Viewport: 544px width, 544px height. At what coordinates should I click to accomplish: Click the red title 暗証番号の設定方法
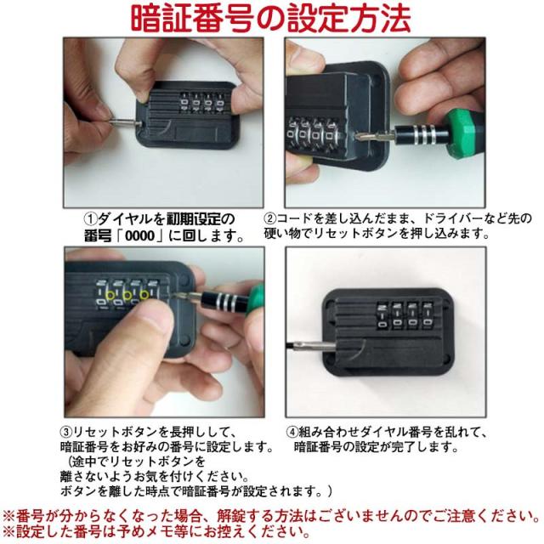[271, 18]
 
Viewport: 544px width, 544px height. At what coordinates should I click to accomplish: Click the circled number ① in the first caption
[91, 218]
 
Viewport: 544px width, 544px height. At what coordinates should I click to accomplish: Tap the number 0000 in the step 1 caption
[139, 236]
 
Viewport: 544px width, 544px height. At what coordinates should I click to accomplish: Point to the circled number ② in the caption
[270, 218]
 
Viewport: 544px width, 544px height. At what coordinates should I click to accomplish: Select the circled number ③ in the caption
[66, 433]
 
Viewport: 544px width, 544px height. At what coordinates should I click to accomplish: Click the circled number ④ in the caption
[292, 433]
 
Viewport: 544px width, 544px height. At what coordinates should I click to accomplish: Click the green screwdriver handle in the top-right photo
[462, 133]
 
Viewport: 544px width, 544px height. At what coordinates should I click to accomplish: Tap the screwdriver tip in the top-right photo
[360, 136]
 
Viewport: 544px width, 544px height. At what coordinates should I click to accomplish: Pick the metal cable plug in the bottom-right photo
[309, 346]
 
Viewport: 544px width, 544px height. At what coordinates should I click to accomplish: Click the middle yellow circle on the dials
[127, 296]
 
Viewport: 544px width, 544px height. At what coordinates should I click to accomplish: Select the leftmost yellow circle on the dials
[110, 296]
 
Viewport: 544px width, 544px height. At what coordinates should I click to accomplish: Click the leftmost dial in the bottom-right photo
[382, 315]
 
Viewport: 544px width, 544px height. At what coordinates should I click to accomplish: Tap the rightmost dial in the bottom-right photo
[428, 315]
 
